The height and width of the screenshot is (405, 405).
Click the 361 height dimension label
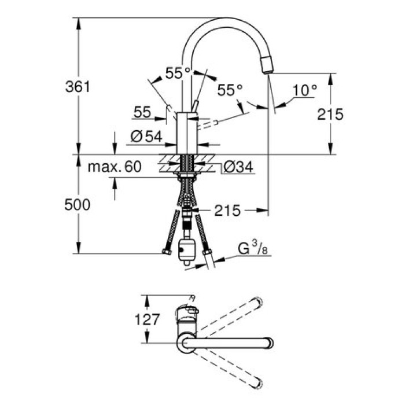click(78, 87)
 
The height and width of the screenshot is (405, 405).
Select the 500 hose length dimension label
click(78, 204)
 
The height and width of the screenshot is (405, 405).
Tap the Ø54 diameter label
click(146, 137)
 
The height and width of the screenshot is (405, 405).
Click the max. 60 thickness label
click(115, 167)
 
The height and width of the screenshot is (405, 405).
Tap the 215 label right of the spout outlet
click(330, 114)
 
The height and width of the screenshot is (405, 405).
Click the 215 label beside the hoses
click(226, 211)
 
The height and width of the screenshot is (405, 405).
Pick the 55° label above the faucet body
click(178, 73)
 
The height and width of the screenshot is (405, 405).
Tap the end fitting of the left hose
click(166, 252)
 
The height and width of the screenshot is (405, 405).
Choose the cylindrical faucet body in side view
click(186, 132)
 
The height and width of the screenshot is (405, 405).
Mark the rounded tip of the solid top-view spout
click(268, 343)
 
